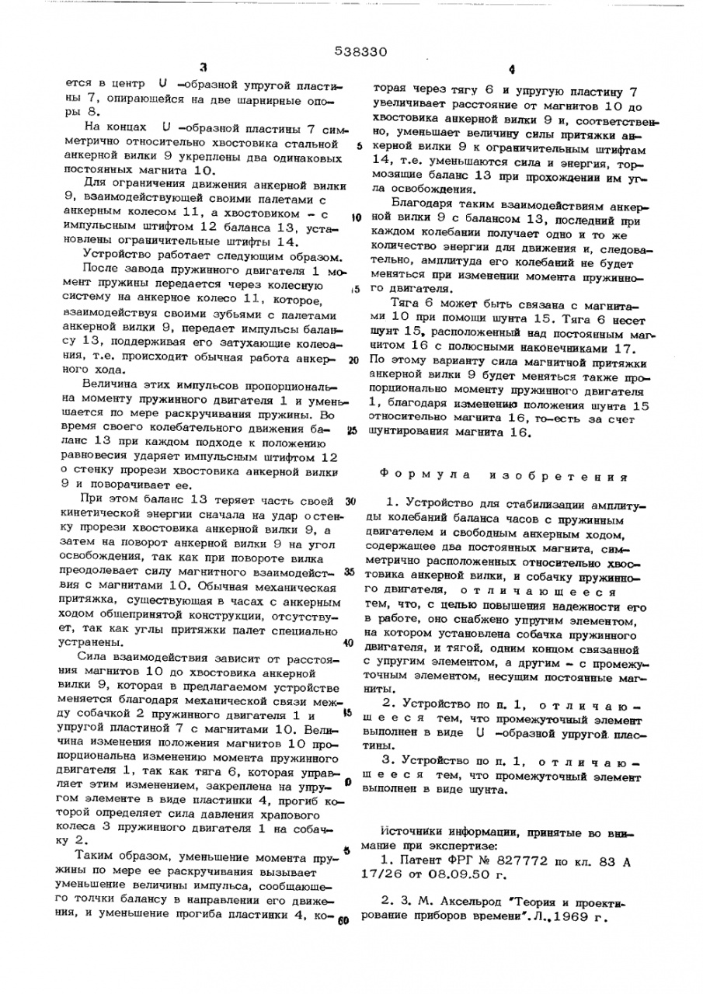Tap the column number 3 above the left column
pyautogui.click(x=204, y=68)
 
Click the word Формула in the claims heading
pyautogui.click(x=409, y=474)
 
